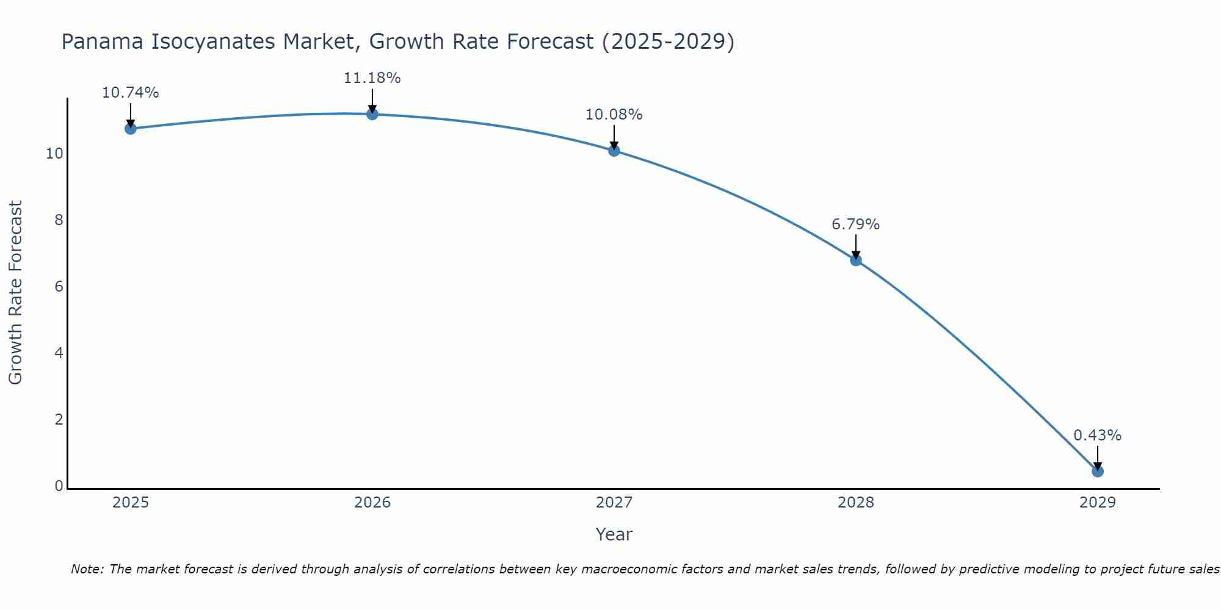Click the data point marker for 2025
130,128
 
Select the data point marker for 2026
372,113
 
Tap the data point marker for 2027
614,150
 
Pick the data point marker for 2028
856,260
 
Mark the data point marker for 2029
1098,471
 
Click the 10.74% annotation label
130,93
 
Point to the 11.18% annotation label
372,78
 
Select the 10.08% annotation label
614,115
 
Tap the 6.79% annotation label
856,224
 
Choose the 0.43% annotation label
1098,436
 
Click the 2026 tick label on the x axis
372,503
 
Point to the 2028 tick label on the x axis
856,503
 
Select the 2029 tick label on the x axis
1098,503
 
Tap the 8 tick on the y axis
59,220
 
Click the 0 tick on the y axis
59,486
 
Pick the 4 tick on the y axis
59,353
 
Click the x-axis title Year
614,534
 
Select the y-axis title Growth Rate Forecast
15,292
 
